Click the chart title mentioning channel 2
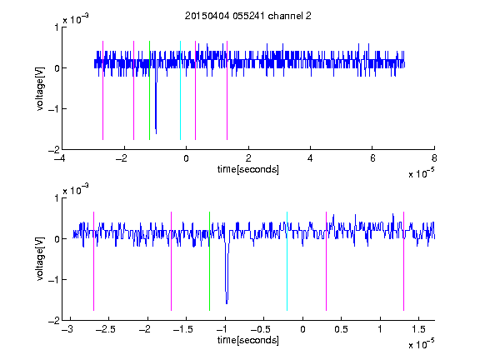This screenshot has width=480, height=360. [x=248, y=16]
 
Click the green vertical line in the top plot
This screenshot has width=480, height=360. [x=149, y=90]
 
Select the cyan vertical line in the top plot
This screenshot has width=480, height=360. [x=180, y=90]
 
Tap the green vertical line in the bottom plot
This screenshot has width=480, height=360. [x=209, y=261]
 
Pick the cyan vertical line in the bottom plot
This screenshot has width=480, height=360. [x=287, y=261]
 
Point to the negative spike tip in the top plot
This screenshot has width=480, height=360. [x=156, y=133]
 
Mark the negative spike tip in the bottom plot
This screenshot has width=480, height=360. [x=227, y=303]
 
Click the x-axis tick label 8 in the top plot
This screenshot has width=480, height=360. [x=434, y=158]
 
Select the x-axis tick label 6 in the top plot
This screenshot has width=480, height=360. [x=372, y=158]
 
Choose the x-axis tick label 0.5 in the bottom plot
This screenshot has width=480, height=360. [x=341, y=329]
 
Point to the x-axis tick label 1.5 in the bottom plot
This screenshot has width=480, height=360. [x=418, y=329]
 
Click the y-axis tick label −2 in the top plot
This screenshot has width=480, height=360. [x=53, y=150]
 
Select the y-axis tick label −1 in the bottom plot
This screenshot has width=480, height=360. [x=53, y=279]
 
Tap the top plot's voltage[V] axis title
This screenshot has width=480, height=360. [x=40, y=88]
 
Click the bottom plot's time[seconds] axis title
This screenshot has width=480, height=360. [x=248, y=340]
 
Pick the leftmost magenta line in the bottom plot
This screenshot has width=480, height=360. [x=93, y=261]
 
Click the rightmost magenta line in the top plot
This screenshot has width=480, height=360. [x=227, y=90]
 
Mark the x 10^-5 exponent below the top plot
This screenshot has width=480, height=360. [x=421, y=172]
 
